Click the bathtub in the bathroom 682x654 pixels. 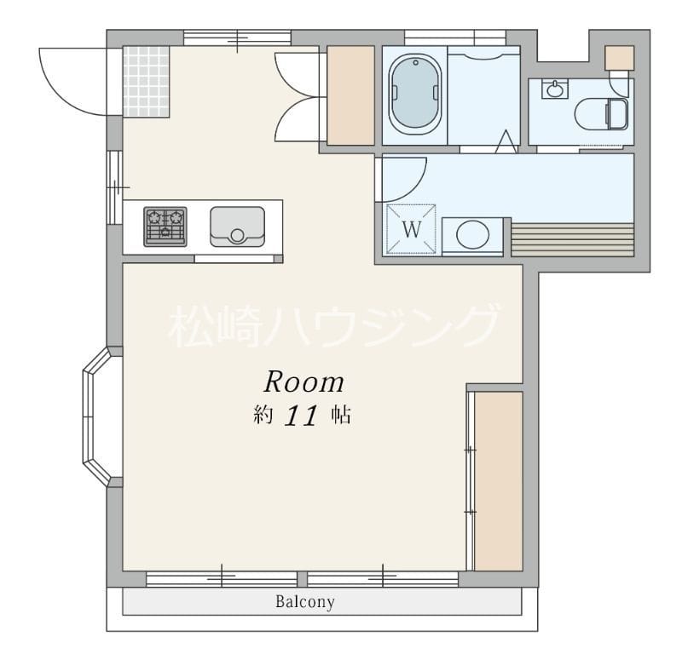pos(415,94)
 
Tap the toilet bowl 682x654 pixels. pos(602,112)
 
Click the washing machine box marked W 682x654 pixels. pos(413,229)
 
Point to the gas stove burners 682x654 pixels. pos(165,227)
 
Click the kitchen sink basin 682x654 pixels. pos(237,226)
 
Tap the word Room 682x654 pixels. pos(303,380)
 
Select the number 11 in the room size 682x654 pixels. pos(301,416)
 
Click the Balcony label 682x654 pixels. pos(304,602)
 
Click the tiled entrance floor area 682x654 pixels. pos(146,81)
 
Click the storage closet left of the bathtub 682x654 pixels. pos(351,94)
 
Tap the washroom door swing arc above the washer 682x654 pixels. pos(403,178)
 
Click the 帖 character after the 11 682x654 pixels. pos(341,416)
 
